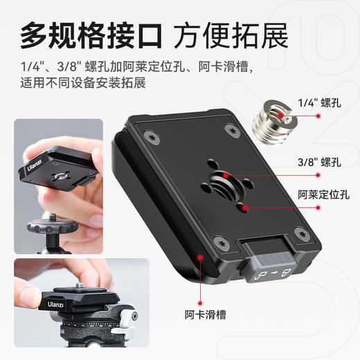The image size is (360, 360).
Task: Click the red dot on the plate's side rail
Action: [x=199, y=257]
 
